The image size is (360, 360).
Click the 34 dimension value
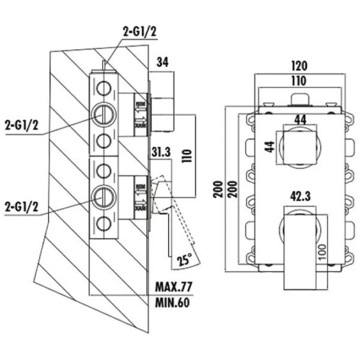(x=164, y=61)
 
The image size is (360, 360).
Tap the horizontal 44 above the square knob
(x=300, y=119)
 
